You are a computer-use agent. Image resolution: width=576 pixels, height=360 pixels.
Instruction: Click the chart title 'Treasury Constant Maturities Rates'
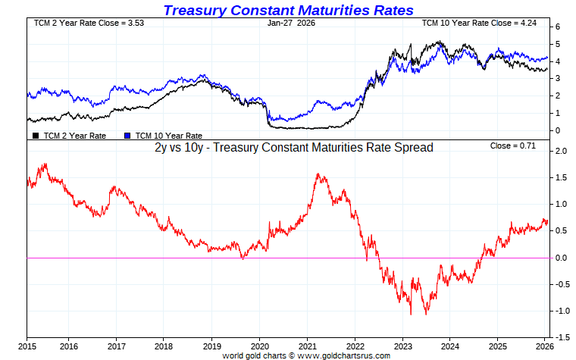[x=289, y=10]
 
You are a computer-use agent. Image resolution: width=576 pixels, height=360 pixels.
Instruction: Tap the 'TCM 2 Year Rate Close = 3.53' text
[x=78, y=23]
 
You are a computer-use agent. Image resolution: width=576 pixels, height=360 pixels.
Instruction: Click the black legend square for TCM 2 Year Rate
[x=36, y=135]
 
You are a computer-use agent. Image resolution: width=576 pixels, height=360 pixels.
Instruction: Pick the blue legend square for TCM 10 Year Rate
[x=127, y=135]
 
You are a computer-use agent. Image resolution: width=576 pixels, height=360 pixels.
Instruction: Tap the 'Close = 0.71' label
[x=512, y=146]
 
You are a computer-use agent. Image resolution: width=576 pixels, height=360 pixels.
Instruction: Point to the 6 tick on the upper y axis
[x=557, y=27]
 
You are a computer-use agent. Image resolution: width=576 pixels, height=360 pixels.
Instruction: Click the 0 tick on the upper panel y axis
[x=557, y=130]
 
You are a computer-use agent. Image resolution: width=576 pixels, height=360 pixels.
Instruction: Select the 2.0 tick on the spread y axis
[x=562, y=151]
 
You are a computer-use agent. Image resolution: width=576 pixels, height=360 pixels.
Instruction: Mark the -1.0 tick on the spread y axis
[x=560, y=311]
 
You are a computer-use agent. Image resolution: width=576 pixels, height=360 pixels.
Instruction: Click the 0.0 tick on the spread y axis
[x=562, y=258]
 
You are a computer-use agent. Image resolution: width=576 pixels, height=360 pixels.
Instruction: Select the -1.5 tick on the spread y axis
[x=560, y=337]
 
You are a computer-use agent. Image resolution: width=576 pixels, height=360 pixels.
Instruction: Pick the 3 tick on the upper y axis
[x=557, y=79]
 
